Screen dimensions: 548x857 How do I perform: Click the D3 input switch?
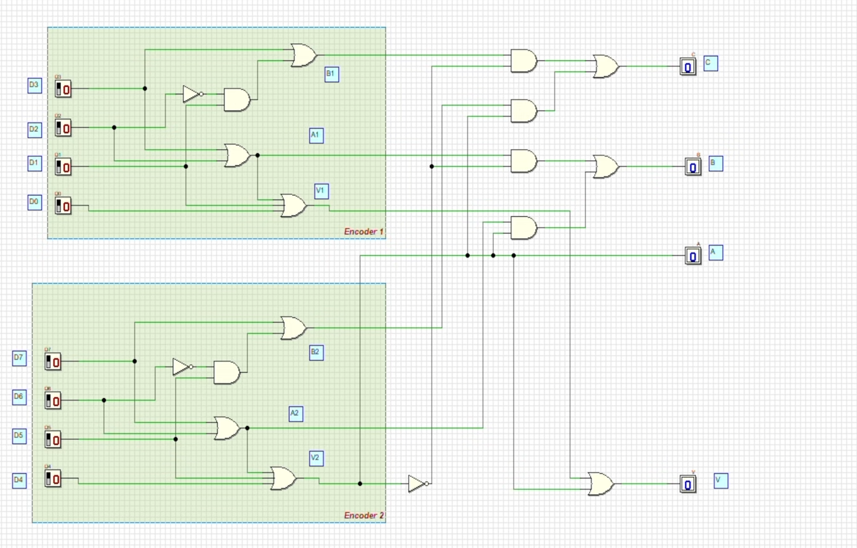tap(63, 89)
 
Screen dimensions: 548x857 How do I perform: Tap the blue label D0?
tap(35, 202)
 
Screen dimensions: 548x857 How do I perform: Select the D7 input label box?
tap(19, 358)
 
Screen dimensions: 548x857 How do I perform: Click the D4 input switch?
tap(52, 479)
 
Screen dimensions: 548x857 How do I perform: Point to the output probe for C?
tap(688, 67)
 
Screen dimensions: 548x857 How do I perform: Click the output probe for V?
tap(688, 484)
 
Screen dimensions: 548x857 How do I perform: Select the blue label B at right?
tap(715, 164)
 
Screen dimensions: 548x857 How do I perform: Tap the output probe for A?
tap(693, 256)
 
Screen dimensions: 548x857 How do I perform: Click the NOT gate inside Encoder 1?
tap(192, 94)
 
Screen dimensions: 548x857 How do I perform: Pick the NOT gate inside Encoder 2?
tap(182, 366)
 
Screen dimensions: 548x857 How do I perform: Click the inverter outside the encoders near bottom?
tap(417, 483)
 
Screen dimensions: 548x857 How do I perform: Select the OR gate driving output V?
tap(601, 483)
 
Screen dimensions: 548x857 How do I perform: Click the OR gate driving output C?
tap(606, 67)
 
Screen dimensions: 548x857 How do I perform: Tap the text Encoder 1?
tap(364, 232)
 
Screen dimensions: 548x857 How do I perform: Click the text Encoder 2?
tap(364, 515)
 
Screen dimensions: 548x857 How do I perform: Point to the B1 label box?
tap(331, 74)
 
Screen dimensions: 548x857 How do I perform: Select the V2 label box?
tap(316, 458)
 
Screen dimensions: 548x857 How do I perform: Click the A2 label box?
tap(296, 413)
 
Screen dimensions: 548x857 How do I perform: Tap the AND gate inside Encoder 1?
tap(236, 100)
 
